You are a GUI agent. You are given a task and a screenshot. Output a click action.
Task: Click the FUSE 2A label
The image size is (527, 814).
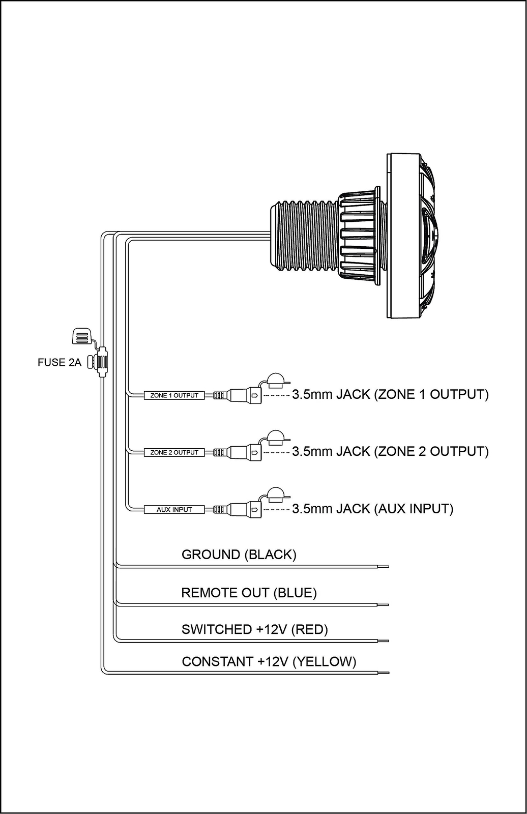coord(60,362)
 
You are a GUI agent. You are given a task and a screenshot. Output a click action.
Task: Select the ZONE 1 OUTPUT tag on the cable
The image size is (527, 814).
coord(174,395)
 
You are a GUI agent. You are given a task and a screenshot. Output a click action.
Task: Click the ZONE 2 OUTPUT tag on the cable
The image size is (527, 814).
coord(174,452)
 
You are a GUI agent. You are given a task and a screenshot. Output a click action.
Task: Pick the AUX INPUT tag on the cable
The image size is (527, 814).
coord(174,509)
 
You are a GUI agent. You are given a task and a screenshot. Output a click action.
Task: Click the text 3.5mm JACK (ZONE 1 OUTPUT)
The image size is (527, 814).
coord(390,394)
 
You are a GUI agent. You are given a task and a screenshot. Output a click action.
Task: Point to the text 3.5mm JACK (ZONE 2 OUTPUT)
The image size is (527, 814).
coord(390,451)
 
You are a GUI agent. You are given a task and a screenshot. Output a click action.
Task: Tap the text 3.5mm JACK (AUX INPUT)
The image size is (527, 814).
coord(372,508)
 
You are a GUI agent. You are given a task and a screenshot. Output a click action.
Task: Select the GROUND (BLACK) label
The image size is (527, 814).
coord(239,555)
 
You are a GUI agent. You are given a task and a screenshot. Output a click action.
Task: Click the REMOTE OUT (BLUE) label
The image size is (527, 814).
coord(249,593)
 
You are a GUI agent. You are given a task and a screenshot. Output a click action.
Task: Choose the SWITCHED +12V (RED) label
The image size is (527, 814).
coord(255,629)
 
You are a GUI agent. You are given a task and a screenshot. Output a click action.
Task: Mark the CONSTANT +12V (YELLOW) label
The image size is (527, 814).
coord(269,661)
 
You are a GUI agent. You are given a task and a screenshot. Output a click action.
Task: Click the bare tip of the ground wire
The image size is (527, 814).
coord(384,567)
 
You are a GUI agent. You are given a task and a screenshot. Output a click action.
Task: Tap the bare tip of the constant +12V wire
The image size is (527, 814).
coord(384,673)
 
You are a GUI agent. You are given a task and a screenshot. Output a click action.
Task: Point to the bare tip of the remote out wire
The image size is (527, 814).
coord(384,605)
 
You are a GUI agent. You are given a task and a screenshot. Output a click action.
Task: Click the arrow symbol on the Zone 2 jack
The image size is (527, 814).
coord(255,452)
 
